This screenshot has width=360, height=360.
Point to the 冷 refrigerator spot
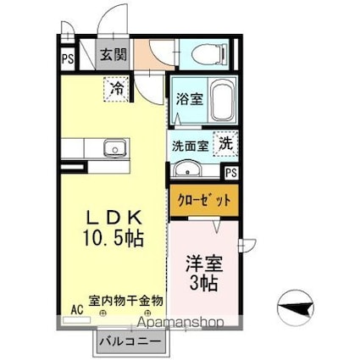pos(116,86)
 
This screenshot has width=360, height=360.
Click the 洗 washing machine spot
pos(226,143)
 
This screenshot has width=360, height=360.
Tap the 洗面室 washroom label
pos(191,146)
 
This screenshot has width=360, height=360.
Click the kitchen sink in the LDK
pos(112,151)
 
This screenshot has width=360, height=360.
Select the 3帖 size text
pos(203,284)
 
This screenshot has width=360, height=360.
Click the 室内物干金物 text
pos(127,301)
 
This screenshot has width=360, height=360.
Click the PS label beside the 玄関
pos(66,59)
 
